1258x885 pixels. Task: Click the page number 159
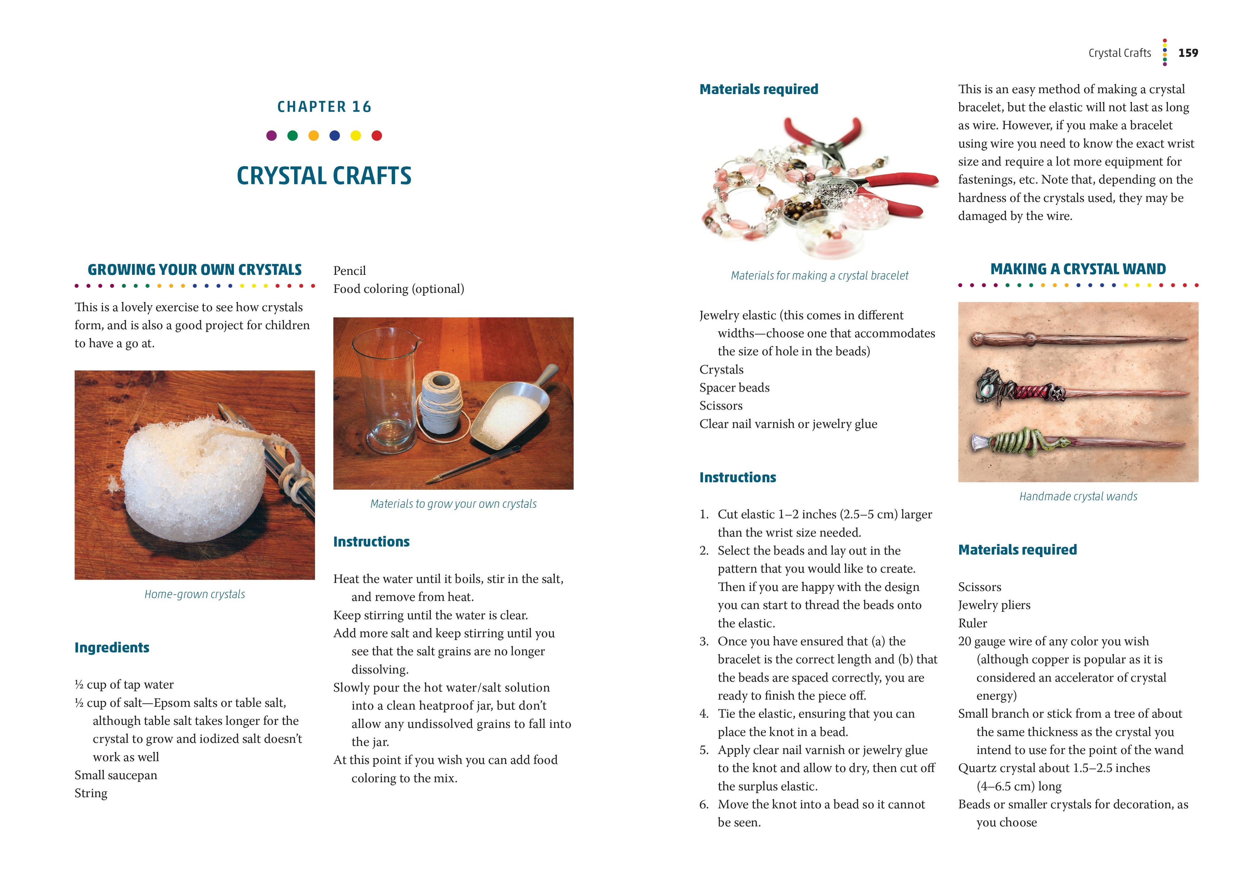pyautogui.click(x=1188, y=53)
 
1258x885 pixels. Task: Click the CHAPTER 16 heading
pyautogui.click(x=324, y=107)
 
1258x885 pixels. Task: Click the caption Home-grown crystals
pyautogui.click(x=195, y=594)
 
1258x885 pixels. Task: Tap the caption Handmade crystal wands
pyautogui.click(x=1078, y=496)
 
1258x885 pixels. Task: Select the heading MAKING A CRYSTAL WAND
pyautogui.click(x=1078, y=269)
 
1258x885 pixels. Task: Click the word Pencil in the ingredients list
pyautogui.click(x=350, y=271)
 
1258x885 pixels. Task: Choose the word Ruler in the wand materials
pyautogui.click(x=973, y=623)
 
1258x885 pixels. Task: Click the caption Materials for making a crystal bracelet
pyautogui.click(x=819, y=275)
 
